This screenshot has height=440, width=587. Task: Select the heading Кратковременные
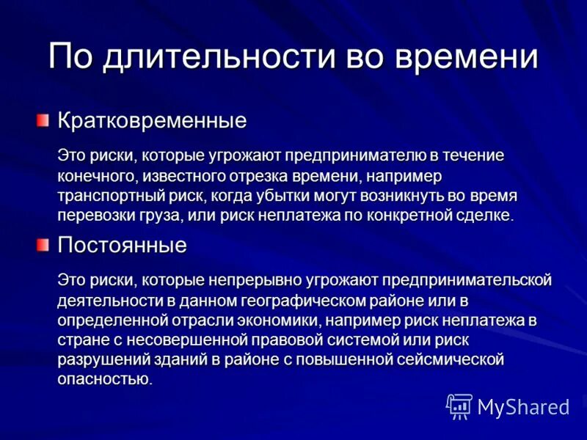tap(152, 120)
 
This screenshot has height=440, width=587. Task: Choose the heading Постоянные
tap(122, 245)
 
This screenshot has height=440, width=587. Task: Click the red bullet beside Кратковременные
tap(45, 119)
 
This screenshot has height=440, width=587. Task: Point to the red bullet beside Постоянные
tap(45, 243)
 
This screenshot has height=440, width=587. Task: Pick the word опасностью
tap(103, 380)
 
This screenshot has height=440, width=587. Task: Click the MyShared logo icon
tap(459, 406)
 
